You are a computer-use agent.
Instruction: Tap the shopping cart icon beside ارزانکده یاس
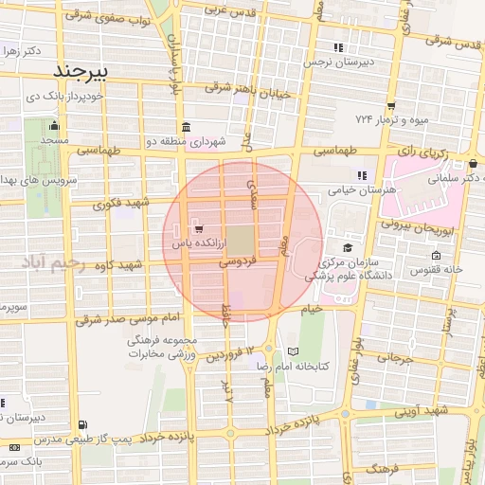(x=198, y=228)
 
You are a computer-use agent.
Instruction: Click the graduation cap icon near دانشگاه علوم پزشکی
(x=348, y=247)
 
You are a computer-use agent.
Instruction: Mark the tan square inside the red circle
(x=241, y=238)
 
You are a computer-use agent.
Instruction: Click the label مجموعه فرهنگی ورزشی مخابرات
(x=168, y=348)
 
